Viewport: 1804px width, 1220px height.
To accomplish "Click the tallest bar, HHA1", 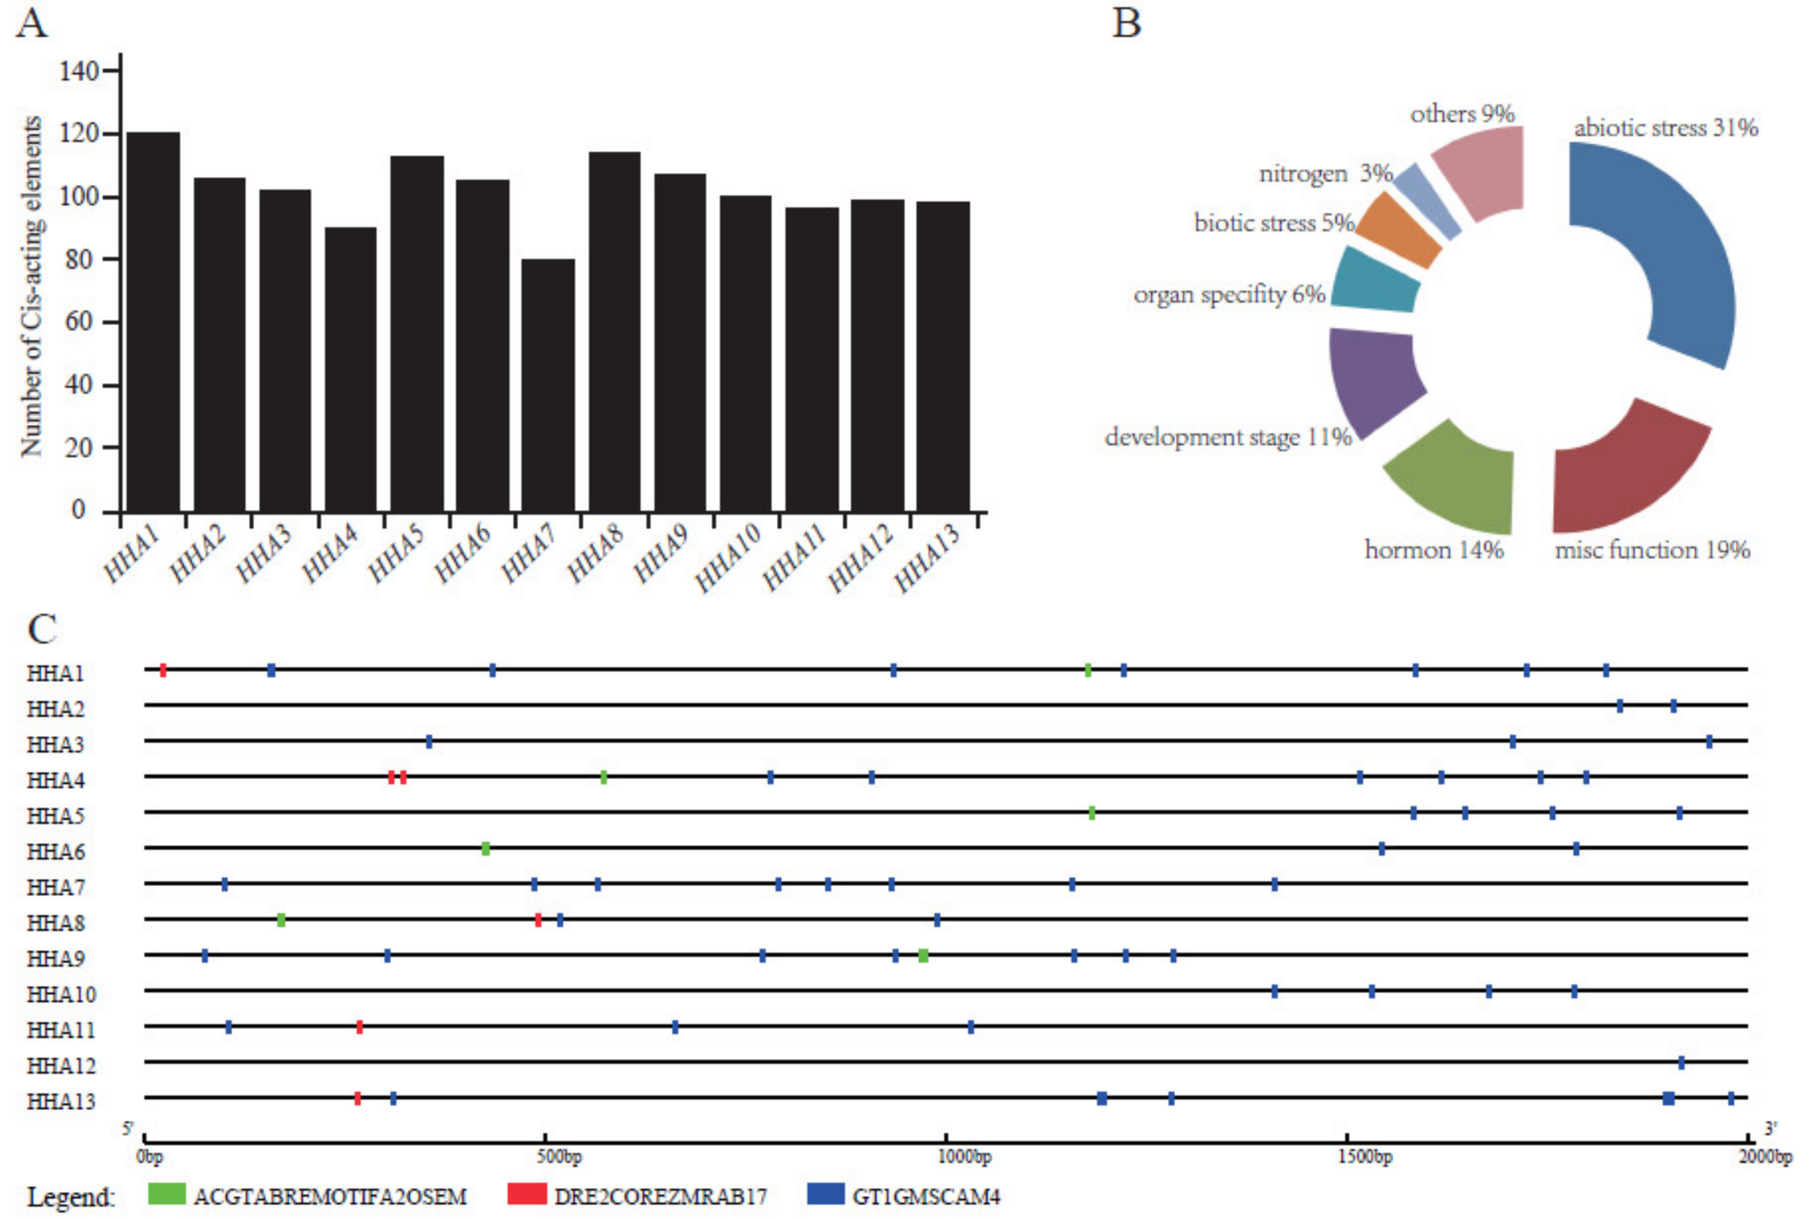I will (153, 321).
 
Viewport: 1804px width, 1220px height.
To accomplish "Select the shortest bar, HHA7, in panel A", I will (548, 385).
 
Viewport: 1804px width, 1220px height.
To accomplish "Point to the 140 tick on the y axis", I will (80, 72).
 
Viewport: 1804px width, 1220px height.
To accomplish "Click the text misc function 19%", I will (1652, 550).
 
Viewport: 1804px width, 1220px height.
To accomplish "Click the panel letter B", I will (1126, 24).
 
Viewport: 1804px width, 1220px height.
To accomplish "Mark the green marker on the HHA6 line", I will (485, 849).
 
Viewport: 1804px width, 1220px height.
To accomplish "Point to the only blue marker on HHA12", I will (1681, 1062).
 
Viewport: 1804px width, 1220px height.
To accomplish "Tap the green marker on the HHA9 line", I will (923, 955).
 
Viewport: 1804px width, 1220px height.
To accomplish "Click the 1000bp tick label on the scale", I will (965, 1156).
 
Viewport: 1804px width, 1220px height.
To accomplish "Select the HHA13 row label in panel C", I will (61, 1101).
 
